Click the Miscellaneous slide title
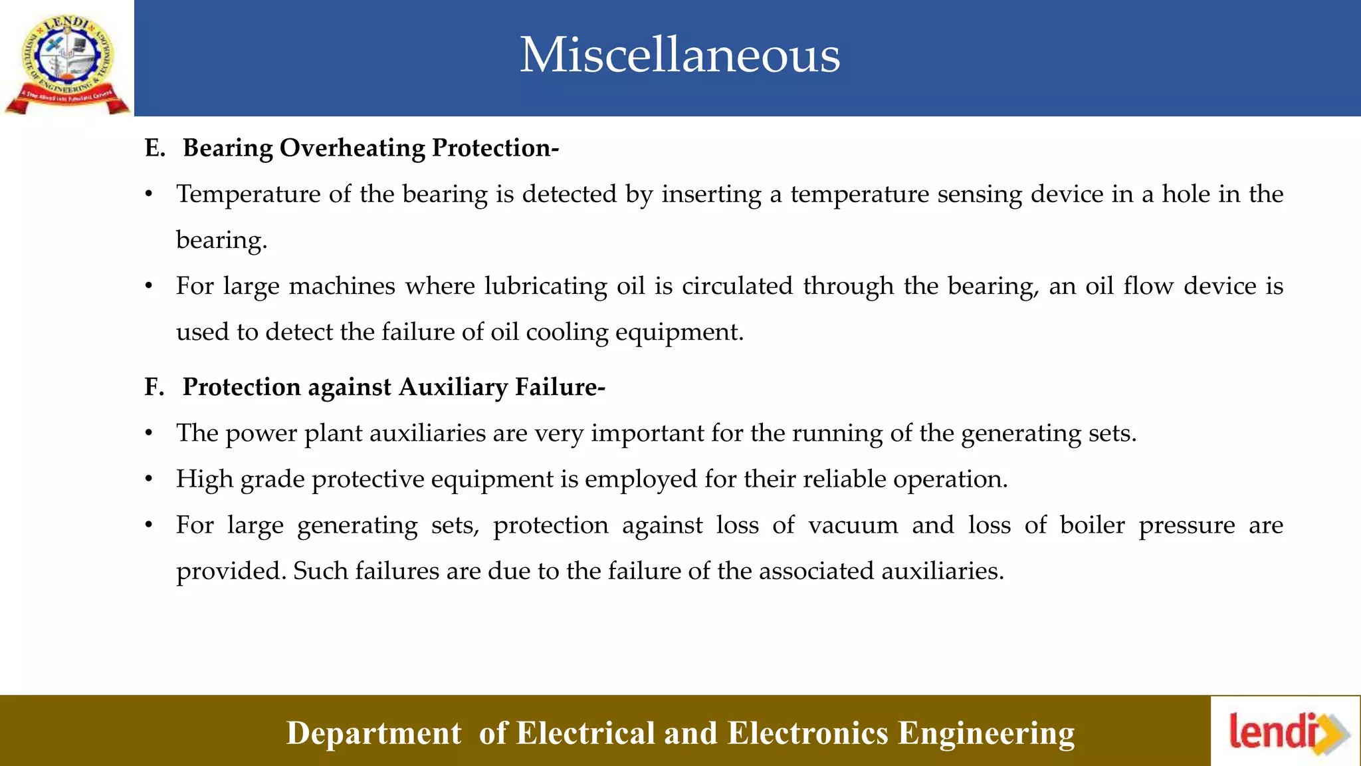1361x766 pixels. [x=679, y=55]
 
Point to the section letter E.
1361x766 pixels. [x=154, y=148]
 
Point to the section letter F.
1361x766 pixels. [x=154, y=388]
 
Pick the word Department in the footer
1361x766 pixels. [x=373, y=733]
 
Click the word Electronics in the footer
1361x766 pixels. [x=807, y=733]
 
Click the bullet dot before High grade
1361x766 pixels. [x=150, y=479]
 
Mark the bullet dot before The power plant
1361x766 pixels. [x=150, y=434]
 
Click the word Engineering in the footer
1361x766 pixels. [x=986, y=733]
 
